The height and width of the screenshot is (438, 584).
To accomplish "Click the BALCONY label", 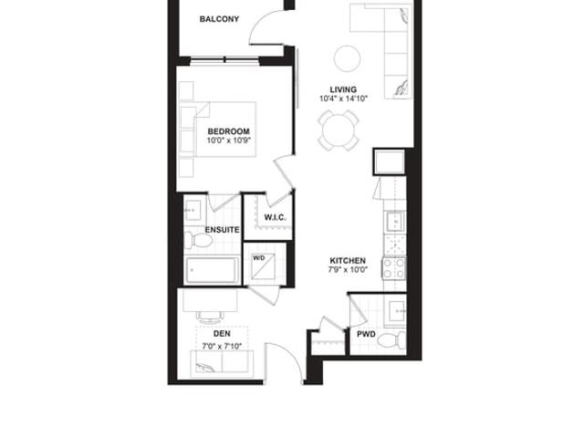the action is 219,19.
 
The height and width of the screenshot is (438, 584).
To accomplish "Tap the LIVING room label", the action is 343,89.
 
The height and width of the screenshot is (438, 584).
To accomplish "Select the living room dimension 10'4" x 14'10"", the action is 343,99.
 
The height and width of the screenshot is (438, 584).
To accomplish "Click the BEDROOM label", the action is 228,131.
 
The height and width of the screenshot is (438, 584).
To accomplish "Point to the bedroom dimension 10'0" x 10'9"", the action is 229,141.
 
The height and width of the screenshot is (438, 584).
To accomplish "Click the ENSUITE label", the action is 222,230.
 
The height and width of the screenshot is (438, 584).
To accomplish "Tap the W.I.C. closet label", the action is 276,217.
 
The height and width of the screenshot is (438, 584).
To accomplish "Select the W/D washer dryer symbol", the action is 263,266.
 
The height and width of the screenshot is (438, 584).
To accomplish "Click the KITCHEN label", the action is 348,261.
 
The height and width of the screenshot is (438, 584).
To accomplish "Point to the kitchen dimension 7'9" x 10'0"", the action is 348,270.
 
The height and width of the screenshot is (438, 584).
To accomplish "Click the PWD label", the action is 366,335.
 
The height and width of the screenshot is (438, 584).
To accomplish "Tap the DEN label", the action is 222,334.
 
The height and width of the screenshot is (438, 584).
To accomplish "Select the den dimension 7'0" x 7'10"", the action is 222,347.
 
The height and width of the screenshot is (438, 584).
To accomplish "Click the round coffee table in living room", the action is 347,58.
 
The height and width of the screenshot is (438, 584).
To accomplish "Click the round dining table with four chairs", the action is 339,130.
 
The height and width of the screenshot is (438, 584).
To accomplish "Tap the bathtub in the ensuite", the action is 213,270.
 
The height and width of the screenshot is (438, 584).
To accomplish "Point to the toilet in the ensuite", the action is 198,240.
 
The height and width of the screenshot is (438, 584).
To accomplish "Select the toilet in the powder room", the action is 391,340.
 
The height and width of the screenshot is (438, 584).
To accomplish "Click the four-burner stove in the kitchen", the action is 393,268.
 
